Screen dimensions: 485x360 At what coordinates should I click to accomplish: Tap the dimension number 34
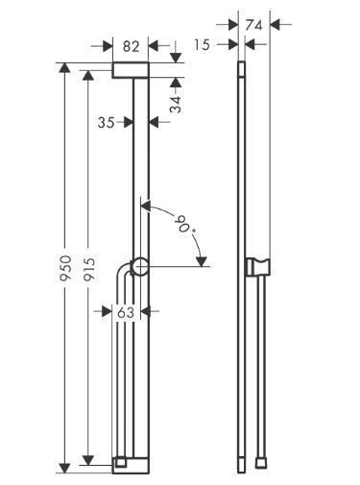pyautogui.click(x=175, y=104)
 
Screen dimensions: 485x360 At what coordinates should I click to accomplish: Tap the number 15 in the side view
pyautogui.click(x=202, y=44)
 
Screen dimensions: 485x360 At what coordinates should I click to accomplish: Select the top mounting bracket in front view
pyautogui.click(x=130, y=71)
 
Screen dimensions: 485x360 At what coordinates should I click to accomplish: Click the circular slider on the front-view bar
pyautogui.click(x=140, y=268)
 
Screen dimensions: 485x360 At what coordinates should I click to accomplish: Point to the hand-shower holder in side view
pyautogui.click(x=257, y=266)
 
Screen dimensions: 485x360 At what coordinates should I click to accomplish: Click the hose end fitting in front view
pyautogui.click(x=119, y=463)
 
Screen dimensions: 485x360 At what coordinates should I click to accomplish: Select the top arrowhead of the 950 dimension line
pyautogui.click(x=65, y=67)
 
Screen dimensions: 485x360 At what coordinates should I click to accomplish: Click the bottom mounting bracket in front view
pyautogui.click(x=130, y=465)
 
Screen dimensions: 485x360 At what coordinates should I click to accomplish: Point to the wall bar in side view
pyautogui.click(x=241, y=192)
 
